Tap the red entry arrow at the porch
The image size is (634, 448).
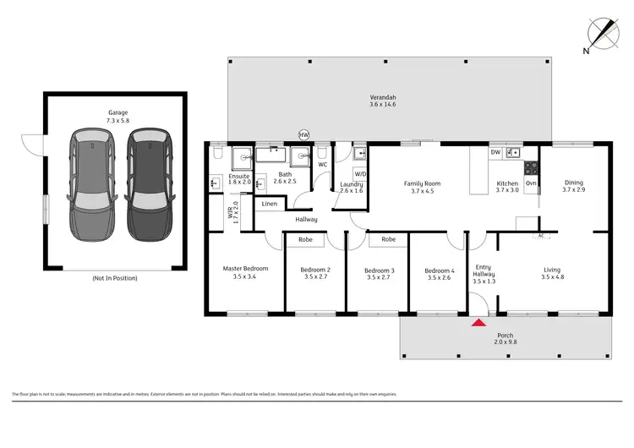(x=478, y=322)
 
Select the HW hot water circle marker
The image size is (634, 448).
(x=304, y=134)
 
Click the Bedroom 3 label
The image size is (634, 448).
(x=377, y=273)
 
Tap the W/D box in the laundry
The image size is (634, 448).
(x=360, y=174)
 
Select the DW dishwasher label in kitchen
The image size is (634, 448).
(x=495, y=152)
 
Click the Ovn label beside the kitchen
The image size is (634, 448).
(x=531, y=183)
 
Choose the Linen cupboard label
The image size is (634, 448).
(x=269, y=205)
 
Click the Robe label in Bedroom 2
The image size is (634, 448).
(x=305, y=240)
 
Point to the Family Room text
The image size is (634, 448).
(x=422, y=183)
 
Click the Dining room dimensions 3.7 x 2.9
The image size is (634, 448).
(x=573, y=190)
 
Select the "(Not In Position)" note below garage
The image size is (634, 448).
(x=114, y=278)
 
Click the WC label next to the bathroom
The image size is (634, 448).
(x=322, y=164)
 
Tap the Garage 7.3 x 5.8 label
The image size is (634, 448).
(x=117, y=117)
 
